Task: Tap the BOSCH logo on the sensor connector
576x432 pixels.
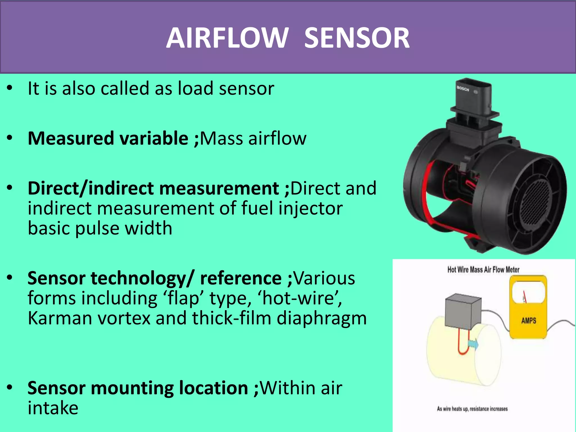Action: (463, 89)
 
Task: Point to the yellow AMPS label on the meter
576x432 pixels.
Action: (528, 321)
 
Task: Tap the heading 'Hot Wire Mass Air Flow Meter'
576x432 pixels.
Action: (483, 270)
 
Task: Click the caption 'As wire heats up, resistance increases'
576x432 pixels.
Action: (472, 409)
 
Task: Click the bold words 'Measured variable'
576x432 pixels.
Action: (108, 138)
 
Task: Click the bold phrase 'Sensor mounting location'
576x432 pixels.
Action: (138, 388)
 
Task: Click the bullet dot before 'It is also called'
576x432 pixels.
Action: (10, 88)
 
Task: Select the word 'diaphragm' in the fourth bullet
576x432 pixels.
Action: (322, 319)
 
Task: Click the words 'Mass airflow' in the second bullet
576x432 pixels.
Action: (253, 138)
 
